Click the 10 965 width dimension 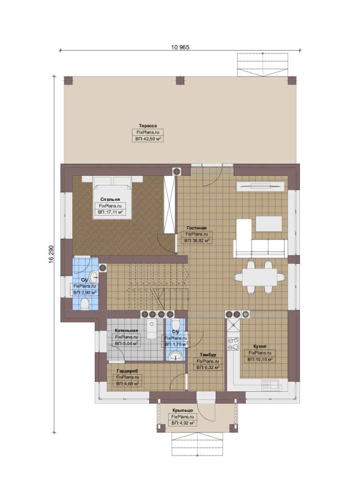point(180,47)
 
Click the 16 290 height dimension point(51,254)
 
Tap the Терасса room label point(148,126)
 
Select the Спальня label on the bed point(110,200)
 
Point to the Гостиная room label point(197,228)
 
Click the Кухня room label point(260,346)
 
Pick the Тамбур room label point(208,354)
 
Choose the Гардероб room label point(127,371)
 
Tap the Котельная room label point(127,331)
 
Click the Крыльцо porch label point(183,410)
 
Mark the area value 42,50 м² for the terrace point(148,138)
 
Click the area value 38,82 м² point(197,241)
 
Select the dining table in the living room point(260,277)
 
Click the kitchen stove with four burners point(233,343)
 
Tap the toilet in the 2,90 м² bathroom point(84,304)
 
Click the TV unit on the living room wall point(260,187)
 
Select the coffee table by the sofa point(269,224)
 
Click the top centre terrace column point(180,81)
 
